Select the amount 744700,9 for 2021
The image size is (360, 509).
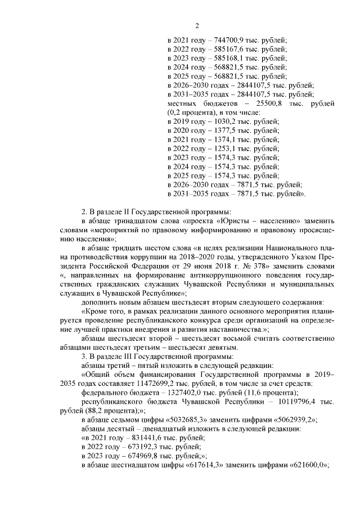point(228,40)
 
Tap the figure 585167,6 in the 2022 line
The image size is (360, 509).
point(228,49)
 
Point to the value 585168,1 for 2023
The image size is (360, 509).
point(228,58)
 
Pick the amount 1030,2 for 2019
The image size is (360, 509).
point(220,122)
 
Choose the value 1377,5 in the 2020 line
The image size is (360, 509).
point(220,131)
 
